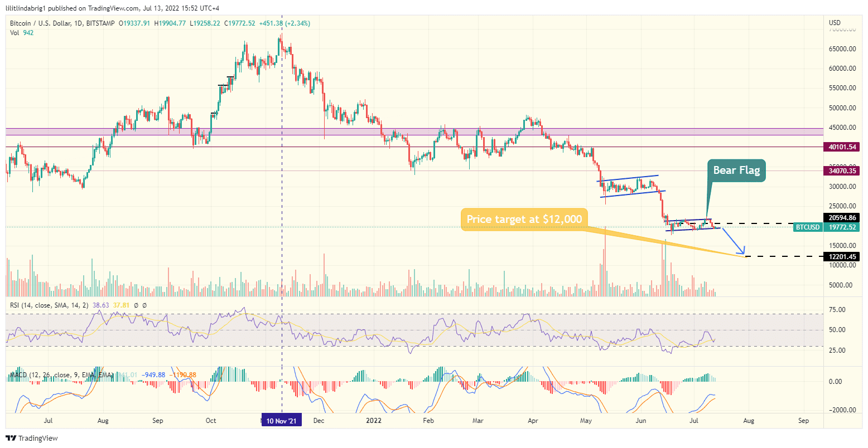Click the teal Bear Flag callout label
(x=736, y=171)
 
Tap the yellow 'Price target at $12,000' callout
(x=524, y=219)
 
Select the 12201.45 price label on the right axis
(x=842, y=256)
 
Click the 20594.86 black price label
(x=842, y=218)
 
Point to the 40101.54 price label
(x=842, y=147)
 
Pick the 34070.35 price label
(x=842, y=171)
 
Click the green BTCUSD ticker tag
(x=807, y=227)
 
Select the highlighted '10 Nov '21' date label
(x=281, y=421)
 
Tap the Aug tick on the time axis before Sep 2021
(x=103, y=421)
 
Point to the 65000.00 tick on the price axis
(x=842, y=49)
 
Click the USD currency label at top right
(x=835, y=23)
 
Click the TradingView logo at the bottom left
(x=32, y=439)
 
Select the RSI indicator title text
(x=49, y=305)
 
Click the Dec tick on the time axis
(x=318, y=421)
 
